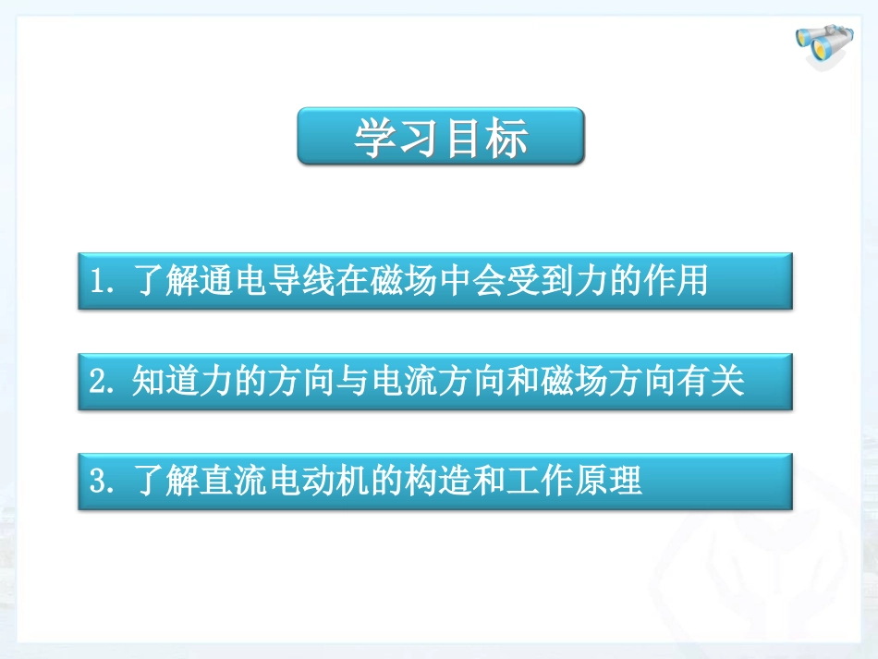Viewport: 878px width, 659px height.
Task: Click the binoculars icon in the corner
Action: pos(818,47)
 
